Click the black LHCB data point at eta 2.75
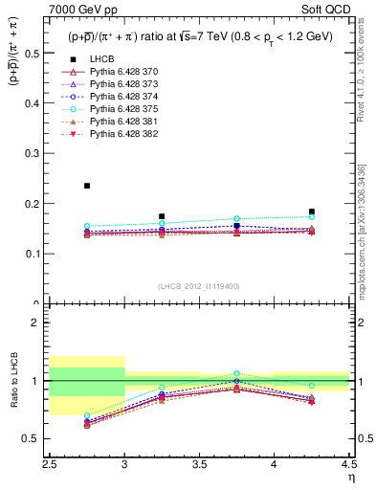point(87,186)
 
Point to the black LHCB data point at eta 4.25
point(312,212)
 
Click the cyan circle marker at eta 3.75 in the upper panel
point(237,219)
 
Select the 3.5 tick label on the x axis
point(199,464)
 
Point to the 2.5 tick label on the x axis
point(50,464)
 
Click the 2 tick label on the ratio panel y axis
point(39,323)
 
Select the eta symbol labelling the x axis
point(350,476)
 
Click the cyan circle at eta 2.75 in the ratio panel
point(87,416)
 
